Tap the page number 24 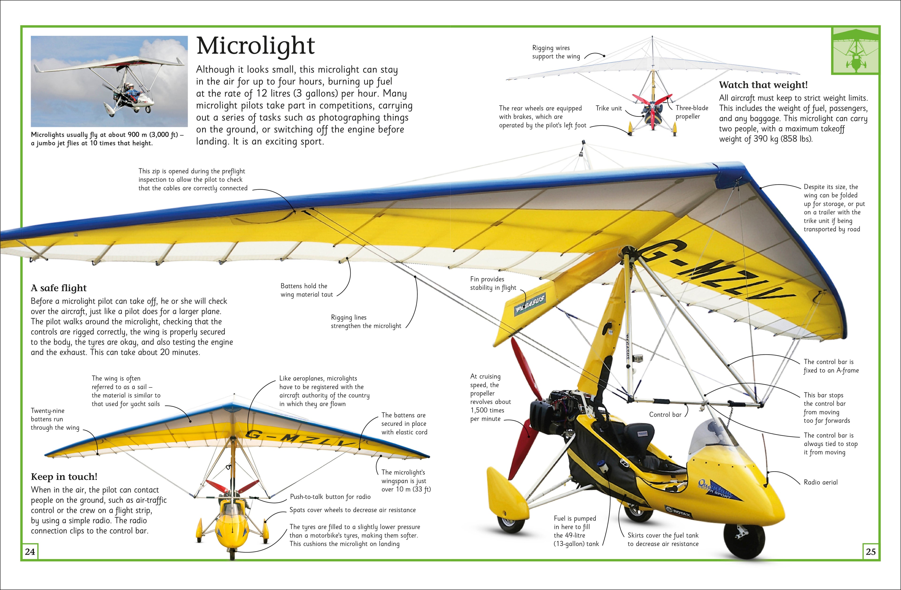pos(30,552)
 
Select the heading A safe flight pos(59,288)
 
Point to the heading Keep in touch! pos(64,477)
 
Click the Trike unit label pos(608,108)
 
